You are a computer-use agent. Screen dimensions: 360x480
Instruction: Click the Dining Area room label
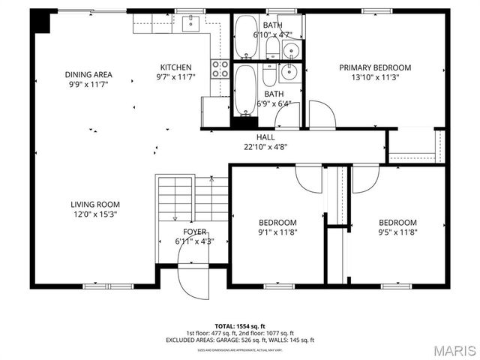pos(88,74)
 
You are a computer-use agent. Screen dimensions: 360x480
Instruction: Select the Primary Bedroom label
pos(375,67)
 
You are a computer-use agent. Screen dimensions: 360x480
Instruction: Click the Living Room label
pos(95,204)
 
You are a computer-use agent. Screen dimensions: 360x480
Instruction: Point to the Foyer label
pos(194,232)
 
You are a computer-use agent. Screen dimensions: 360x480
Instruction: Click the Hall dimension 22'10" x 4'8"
pos(265,147)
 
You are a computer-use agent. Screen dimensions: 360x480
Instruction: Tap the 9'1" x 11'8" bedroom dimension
pos(277,232)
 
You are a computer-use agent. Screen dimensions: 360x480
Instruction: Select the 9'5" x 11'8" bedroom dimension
pos(397,232)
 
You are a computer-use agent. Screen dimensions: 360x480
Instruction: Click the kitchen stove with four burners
pos(220,69)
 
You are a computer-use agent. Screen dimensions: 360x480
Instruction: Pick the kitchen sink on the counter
pos(192,23)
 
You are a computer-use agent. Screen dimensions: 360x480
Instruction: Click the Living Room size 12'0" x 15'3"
pos(95,214)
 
